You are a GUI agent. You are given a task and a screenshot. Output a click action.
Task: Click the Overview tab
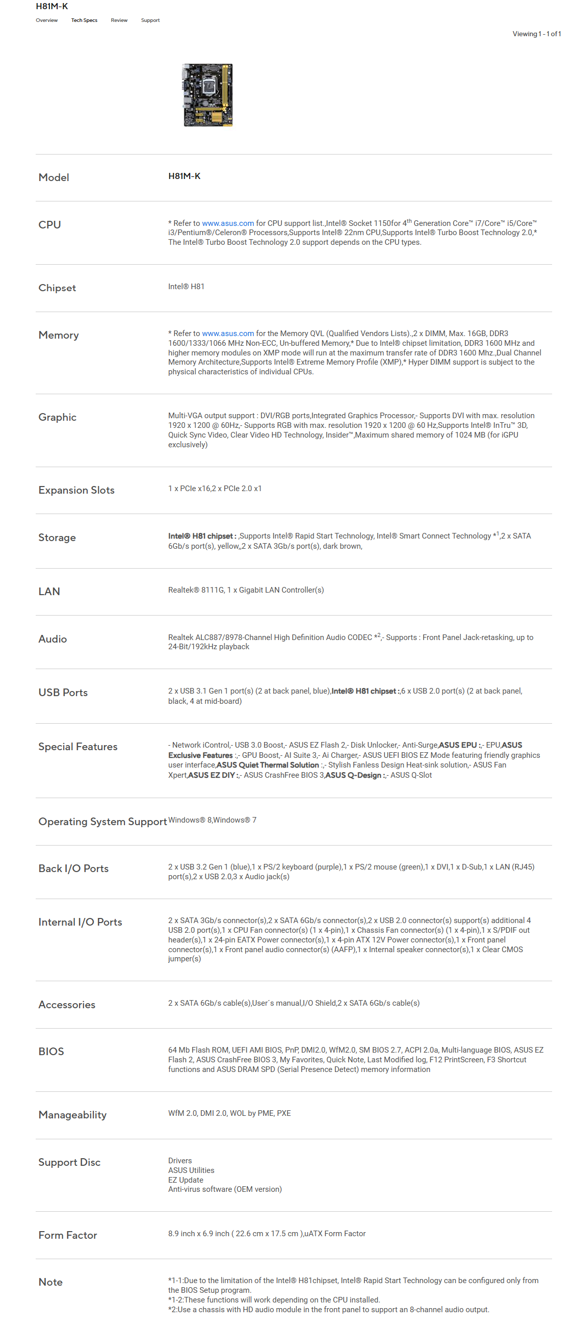46,20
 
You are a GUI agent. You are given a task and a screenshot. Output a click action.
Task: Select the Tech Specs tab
84,20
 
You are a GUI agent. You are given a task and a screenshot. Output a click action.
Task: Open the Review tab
119,20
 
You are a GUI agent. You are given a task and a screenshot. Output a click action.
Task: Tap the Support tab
150,20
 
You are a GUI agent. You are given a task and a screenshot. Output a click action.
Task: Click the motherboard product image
207,95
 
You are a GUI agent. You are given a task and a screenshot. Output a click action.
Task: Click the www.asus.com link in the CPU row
228,223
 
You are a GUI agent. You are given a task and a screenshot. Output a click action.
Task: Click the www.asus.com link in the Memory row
228,334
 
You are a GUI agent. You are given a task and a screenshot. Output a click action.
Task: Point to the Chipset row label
57,288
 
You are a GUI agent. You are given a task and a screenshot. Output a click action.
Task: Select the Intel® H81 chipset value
186,287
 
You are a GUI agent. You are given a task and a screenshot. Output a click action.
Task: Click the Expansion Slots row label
76,490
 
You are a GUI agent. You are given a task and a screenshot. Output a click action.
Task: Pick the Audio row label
53,639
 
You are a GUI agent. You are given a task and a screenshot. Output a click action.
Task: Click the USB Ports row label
63,693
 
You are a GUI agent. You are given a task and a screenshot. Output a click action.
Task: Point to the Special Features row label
78,747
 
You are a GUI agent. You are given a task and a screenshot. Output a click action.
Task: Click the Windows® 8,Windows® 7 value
212,820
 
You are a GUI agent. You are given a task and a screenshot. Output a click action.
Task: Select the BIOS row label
51,1051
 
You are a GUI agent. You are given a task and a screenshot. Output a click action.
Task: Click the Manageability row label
72,1115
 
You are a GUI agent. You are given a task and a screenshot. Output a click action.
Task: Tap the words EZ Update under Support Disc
186,1180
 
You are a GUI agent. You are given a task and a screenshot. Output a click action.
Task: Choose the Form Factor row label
67,1235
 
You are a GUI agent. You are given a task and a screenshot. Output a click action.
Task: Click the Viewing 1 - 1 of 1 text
536,34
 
